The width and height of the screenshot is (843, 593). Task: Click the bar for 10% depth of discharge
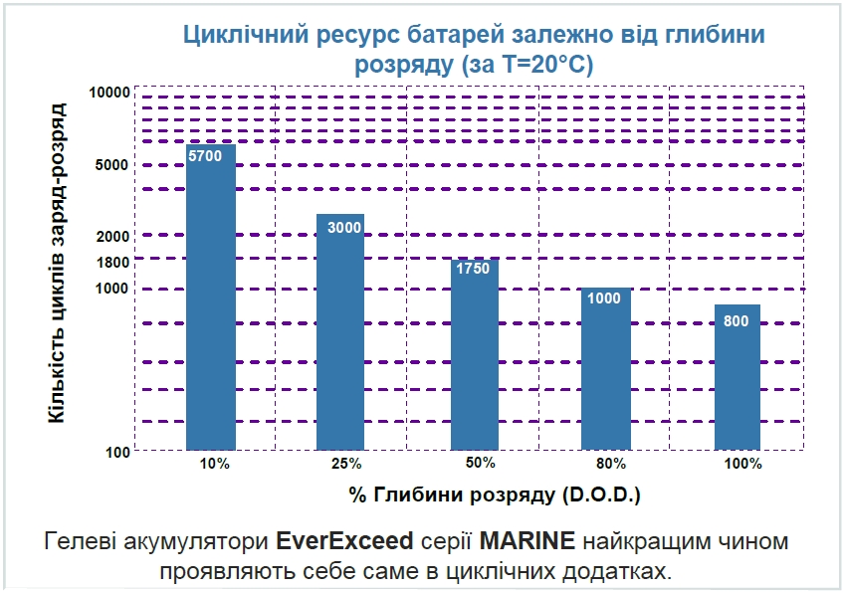[x=211, y=298]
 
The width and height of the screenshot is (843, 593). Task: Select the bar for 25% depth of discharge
[x=340, y=332]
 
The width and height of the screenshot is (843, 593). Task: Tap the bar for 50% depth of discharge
[x=475, y=355]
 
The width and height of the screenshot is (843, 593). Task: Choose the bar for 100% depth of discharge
[x=737, y=377]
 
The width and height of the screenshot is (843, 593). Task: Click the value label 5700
[x=205, y=156]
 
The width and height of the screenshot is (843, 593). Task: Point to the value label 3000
[x=344, y=228]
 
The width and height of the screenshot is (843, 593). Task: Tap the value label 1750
[x=473, y=268]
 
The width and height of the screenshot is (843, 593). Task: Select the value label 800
[x=737, y=320]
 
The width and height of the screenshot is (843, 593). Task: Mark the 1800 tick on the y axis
[x=113, y=263]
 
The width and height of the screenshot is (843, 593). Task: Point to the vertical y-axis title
[x=57, y=263]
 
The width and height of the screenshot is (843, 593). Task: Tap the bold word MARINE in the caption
[x=527, y=543]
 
